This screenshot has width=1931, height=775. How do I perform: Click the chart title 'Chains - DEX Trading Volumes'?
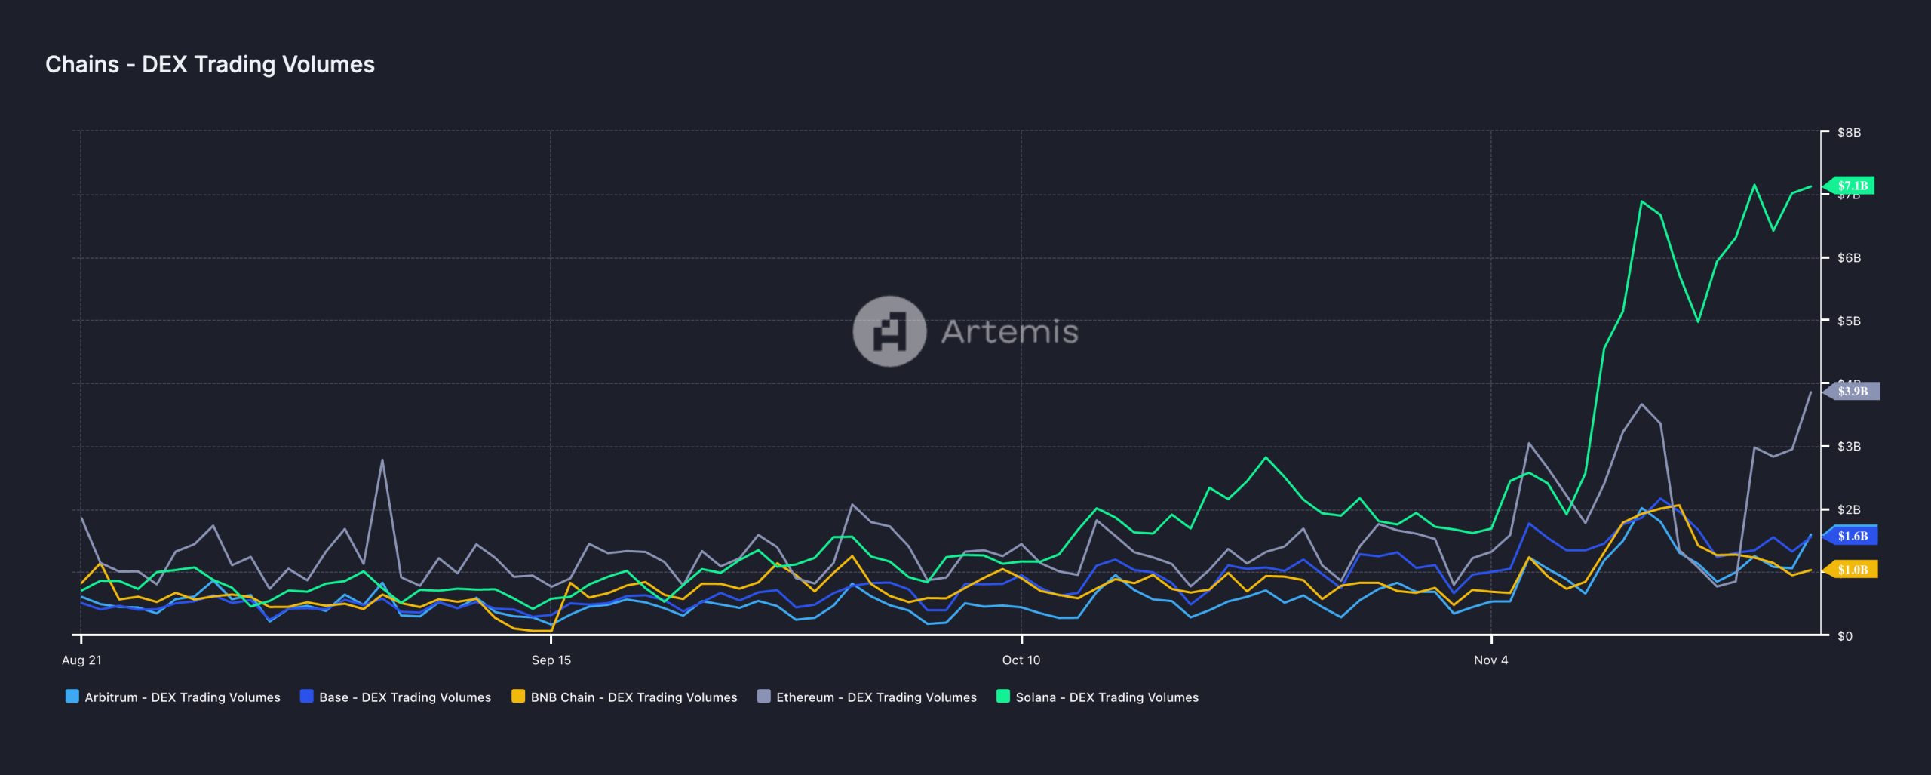click(x=210, y=65)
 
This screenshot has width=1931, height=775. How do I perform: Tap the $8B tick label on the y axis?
click(x=1848, y=133)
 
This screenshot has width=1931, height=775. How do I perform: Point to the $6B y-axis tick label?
click(x=1848, y=258)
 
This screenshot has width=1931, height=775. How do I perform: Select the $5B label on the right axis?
click(x=1848, y=321)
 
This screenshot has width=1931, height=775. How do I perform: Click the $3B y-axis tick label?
click(x=1848, y=447)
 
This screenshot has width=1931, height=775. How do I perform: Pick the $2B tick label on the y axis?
click(x=1848, y=510)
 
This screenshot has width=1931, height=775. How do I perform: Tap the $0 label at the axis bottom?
click(x=1844, y=636)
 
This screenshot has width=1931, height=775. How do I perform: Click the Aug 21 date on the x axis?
click(x=81, y=660)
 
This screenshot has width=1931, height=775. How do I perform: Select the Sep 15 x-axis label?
click(x=551, y=660)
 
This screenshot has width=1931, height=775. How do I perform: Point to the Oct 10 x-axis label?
click(x=1021, y=660)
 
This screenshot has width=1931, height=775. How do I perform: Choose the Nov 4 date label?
click(x=1491, y=660)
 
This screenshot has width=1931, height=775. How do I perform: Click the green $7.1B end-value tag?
click(x=1852, y=186)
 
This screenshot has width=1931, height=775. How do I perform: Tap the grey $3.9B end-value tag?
click(x=1853, y=391)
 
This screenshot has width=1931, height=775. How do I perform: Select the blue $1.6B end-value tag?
click(x=1853, y=536)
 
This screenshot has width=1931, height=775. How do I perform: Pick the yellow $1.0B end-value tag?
click(x=1853, y=570)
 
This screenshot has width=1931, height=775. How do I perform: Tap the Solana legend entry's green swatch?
click(x=1003, y=697)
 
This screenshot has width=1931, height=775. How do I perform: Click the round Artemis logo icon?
click(x=889, y=331)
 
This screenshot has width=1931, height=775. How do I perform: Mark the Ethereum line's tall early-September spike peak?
click(x=382, y=460)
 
